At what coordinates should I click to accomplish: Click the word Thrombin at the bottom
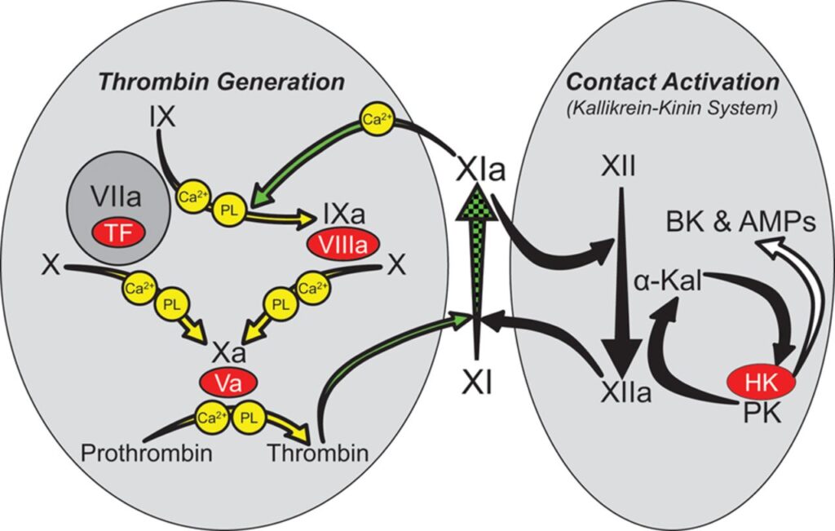pos(318,452)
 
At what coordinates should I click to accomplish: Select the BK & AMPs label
pos(740,222)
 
